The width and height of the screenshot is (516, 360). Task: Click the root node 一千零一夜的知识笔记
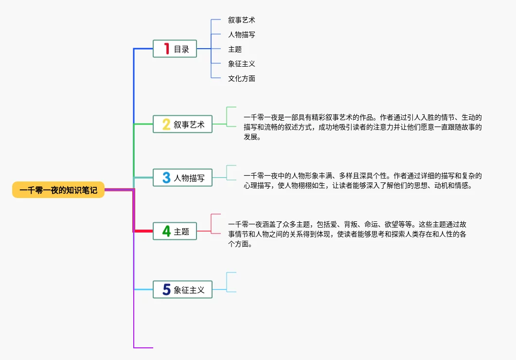[58, 190]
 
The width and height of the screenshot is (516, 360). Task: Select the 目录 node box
[175, 49]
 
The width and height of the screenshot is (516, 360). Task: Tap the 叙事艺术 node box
[183, 125]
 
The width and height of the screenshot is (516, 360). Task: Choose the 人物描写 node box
[183, 178]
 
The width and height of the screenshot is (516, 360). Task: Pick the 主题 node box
[175, 232]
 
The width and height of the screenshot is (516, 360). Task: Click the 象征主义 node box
[183, 290]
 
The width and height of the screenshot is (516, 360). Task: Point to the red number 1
[166, 49]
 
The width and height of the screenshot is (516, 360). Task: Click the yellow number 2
[166, 125]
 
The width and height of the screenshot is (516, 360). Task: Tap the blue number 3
[166, 178]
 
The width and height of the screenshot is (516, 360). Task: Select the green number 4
[166, 232]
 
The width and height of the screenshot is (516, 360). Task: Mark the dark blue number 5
[166, 290]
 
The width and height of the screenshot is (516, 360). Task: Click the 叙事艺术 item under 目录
[242, 20]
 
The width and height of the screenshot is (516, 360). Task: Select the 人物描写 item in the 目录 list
[242, 35]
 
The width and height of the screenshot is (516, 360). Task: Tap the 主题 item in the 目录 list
[235, 49]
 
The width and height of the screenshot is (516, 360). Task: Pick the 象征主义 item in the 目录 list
[242, 64]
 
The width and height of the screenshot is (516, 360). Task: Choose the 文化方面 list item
[242, 78]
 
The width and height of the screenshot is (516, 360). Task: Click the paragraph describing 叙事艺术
[362, 127]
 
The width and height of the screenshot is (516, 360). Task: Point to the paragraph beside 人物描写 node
[362, 180]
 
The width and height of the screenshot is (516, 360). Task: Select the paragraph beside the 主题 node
[348, 234]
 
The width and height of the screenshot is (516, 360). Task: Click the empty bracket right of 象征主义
[231, 282]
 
